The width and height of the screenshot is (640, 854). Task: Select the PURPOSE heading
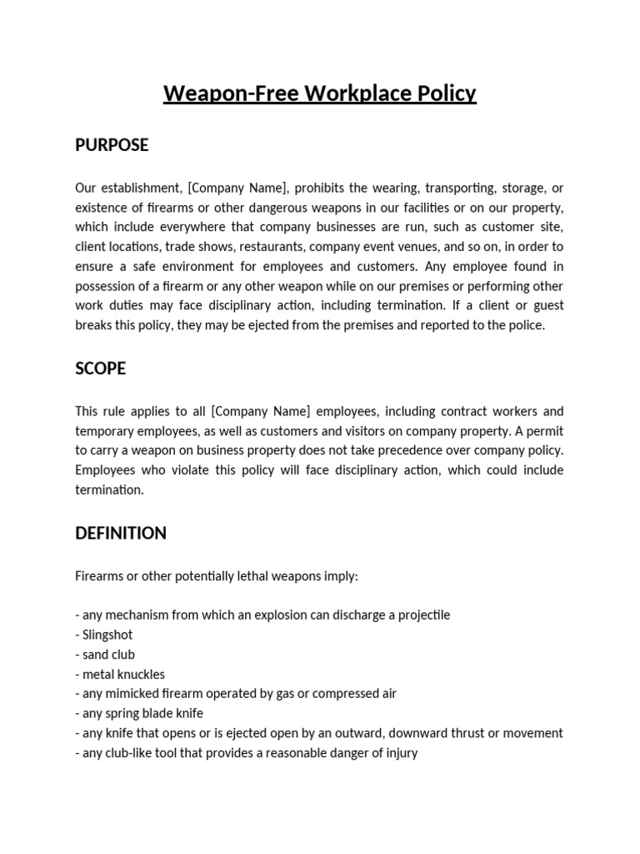pos(112,145)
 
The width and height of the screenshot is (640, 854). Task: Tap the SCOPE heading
pos(100,368)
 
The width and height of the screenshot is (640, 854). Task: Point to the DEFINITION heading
pos(121,533)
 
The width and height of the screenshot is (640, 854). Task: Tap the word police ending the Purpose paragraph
pos(526,325)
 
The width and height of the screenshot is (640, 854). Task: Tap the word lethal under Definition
pos(238,576)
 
